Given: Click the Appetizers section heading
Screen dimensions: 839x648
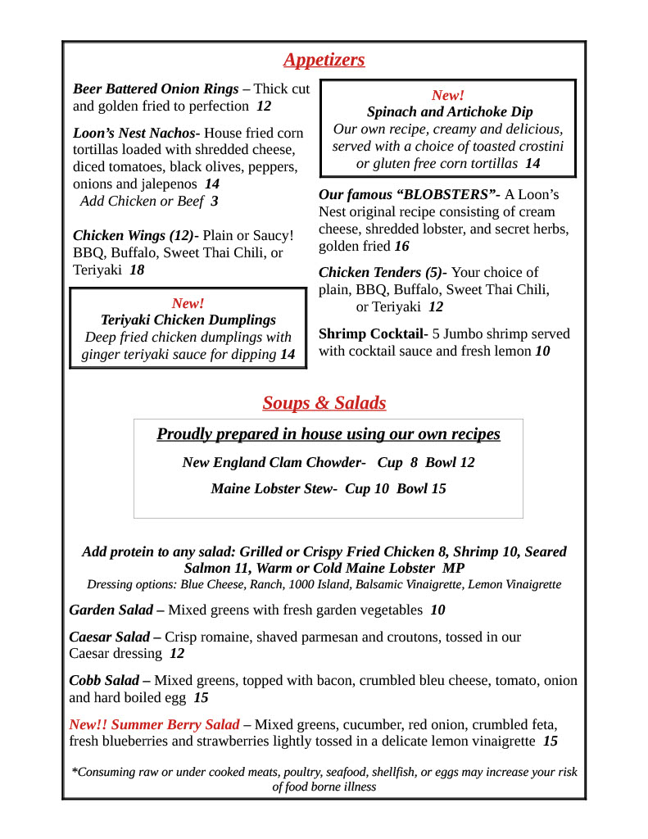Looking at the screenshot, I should [324, 60].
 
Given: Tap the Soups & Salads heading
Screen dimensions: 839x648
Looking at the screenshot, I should [324, 403].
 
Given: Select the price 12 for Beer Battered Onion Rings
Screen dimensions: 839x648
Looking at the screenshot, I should [263, 107].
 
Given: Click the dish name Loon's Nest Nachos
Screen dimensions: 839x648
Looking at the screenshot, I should [136, 133].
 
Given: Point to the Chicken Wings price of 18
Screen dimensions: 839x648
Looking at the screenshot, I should [137, 270].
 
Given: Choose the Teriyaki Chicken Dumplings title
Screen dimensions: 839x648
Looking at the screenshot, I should [188, 320].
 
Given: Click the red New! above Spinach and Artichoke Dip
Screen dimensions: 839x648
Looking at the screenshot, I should [447, 95].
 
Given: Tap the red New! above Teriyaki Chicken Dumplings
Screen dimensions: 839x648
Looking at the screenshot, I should [188, 303].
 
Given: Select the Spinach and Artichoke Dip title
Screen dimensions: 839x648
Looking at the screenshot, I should [449, 112].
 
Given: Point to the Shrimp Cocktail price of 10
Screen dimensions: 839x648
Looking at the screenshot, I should [542, 351].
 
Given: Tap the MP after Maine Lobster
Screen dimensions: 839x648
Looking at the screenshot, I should [453, 568].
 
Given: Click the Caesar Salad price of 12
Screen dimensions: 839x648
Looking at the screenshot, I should [177, 654].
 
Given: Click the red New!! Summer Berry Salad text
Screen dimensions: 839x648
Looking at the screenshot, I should [154, 725].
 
